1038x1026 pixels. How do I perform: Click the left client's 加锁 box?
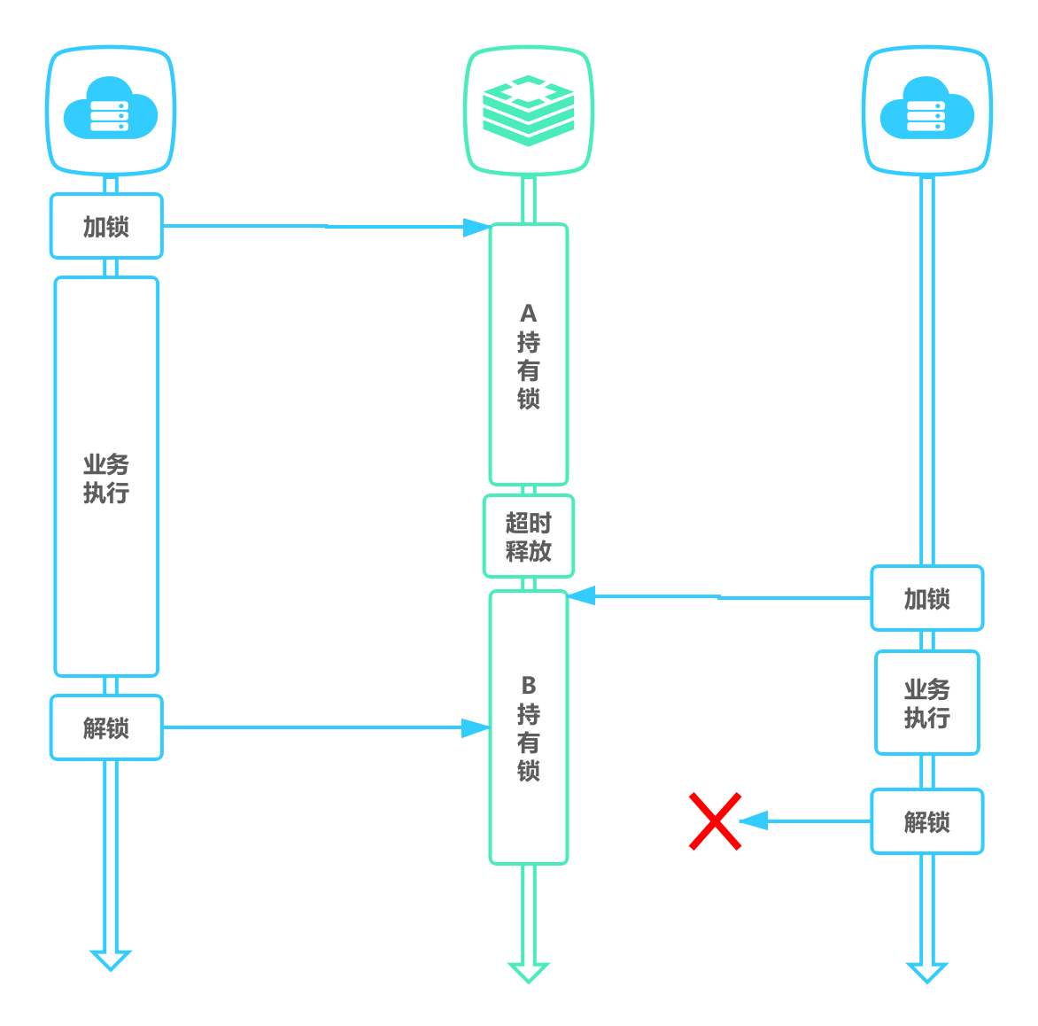click(106, 227)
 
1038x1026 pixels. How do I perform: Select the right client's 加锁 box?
click(926, 599)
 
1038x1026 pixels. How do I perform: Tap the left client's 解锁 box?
click(106, 728)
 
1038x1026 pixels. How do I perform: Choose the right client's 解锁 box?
click(926, 822)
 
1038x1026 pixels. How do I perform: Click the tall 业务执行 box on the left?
click(106, 477)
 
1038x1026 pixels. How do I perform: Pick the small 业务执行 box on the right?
click(926, 703)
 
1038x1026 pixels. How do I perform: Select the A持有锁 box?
click(529, 355)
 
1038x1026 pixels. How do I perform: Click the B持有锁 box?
click(529, 727)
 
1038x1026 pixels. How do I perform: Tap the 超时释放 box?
click(529, 537)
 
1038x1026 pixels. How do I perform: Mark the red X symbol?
click(715, 821)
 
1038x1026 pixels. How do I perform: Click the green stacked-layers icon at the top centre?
click(529, 110)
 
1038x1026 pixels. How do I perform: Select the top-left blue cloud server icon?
click(111, 110)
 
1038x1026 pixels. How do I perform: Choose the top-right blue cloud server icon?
click(926, 110)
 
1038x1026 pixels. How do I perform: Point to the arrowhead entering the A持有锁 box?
click(477, 229)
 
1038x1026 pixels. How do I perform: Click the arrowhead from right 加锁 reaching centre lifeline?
click(581, 595)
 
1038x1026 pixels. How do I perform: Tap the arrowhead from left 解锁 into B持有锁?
click(476, 728)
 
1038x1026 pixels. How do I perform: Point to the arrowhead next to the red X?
click(753, 821)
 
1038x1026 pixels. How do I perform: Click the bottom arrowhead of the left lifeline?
click(111, 960)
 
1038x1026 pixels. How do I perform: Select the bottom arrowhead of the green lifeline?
click(529, 972)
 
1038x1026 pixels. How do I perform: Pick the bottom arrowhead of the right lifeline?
click(926, 972)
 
